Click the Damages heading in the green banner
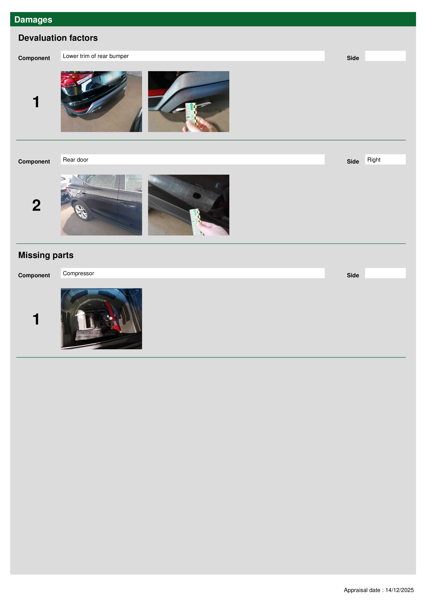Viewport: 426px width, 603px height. pyautogui.click(x=33, y=20)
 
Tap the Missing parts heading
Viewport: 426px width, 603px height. pyautogui.click(x=46, y=255)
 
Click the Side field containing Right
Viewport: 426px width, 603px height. pyautogui.click(x=385, y=159)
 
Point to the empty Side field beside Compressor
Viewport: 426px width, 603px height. pyautogui.click(x=385, y=273)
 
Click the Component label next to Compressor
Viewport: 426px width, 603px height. pyautogui.click(x=34, y=275)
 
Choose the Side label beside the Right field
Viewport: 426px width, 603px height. pyautogui.click(x=353, y=162)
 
